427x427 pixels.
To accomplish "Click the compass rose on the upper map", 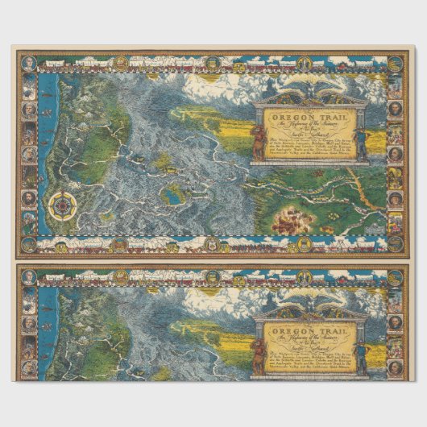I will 61,206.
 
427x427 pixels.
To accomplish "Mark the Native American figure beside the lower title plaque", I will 258,352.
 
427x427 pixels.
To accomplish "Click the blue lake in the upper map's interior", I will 170,193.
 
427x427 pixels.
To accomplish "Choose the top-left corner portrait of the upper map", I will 29,63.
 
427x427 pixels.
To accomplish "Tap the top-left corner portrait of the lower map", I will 29,276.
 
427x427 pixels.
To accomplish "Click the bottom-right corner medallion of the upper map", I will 395,245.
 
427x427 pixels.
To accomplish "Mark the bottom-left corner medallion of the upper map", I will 29,244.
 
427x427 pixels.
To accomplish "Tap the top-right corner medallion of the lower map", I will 395,276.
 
